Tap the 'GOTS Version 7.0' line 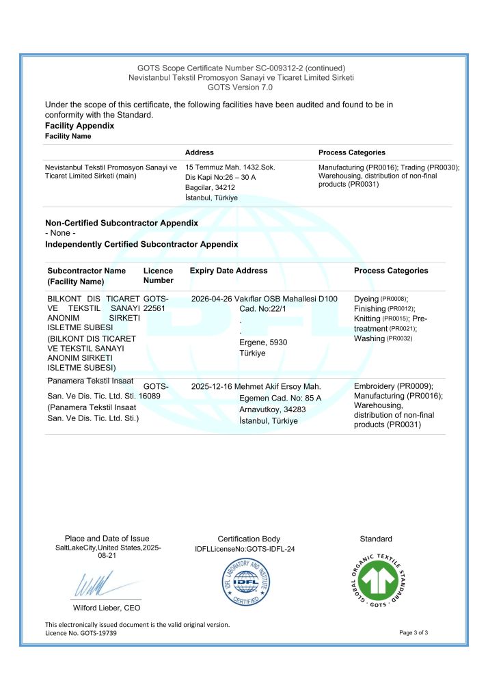click(x=240, y=87)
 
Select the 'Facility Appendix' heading click(x=79, y=126)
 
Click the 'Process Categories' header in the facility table click(x=351, y=152)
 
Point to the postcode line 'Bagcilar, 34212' click(x=210, y=187)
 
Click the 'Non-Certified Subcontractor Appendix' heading click(x=121, y=223)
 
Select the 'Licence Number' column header click(x=158, y=275)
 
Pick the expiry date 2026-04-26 click(x=212, y=299)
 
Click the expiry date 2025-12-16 click(x=212, y=386)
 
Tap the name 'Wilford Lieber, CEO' click(x=107, y=608)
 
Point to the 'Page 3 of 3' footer click(x=414, y=633)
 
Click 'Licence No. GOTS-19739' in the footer click(x=81, y=634)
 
